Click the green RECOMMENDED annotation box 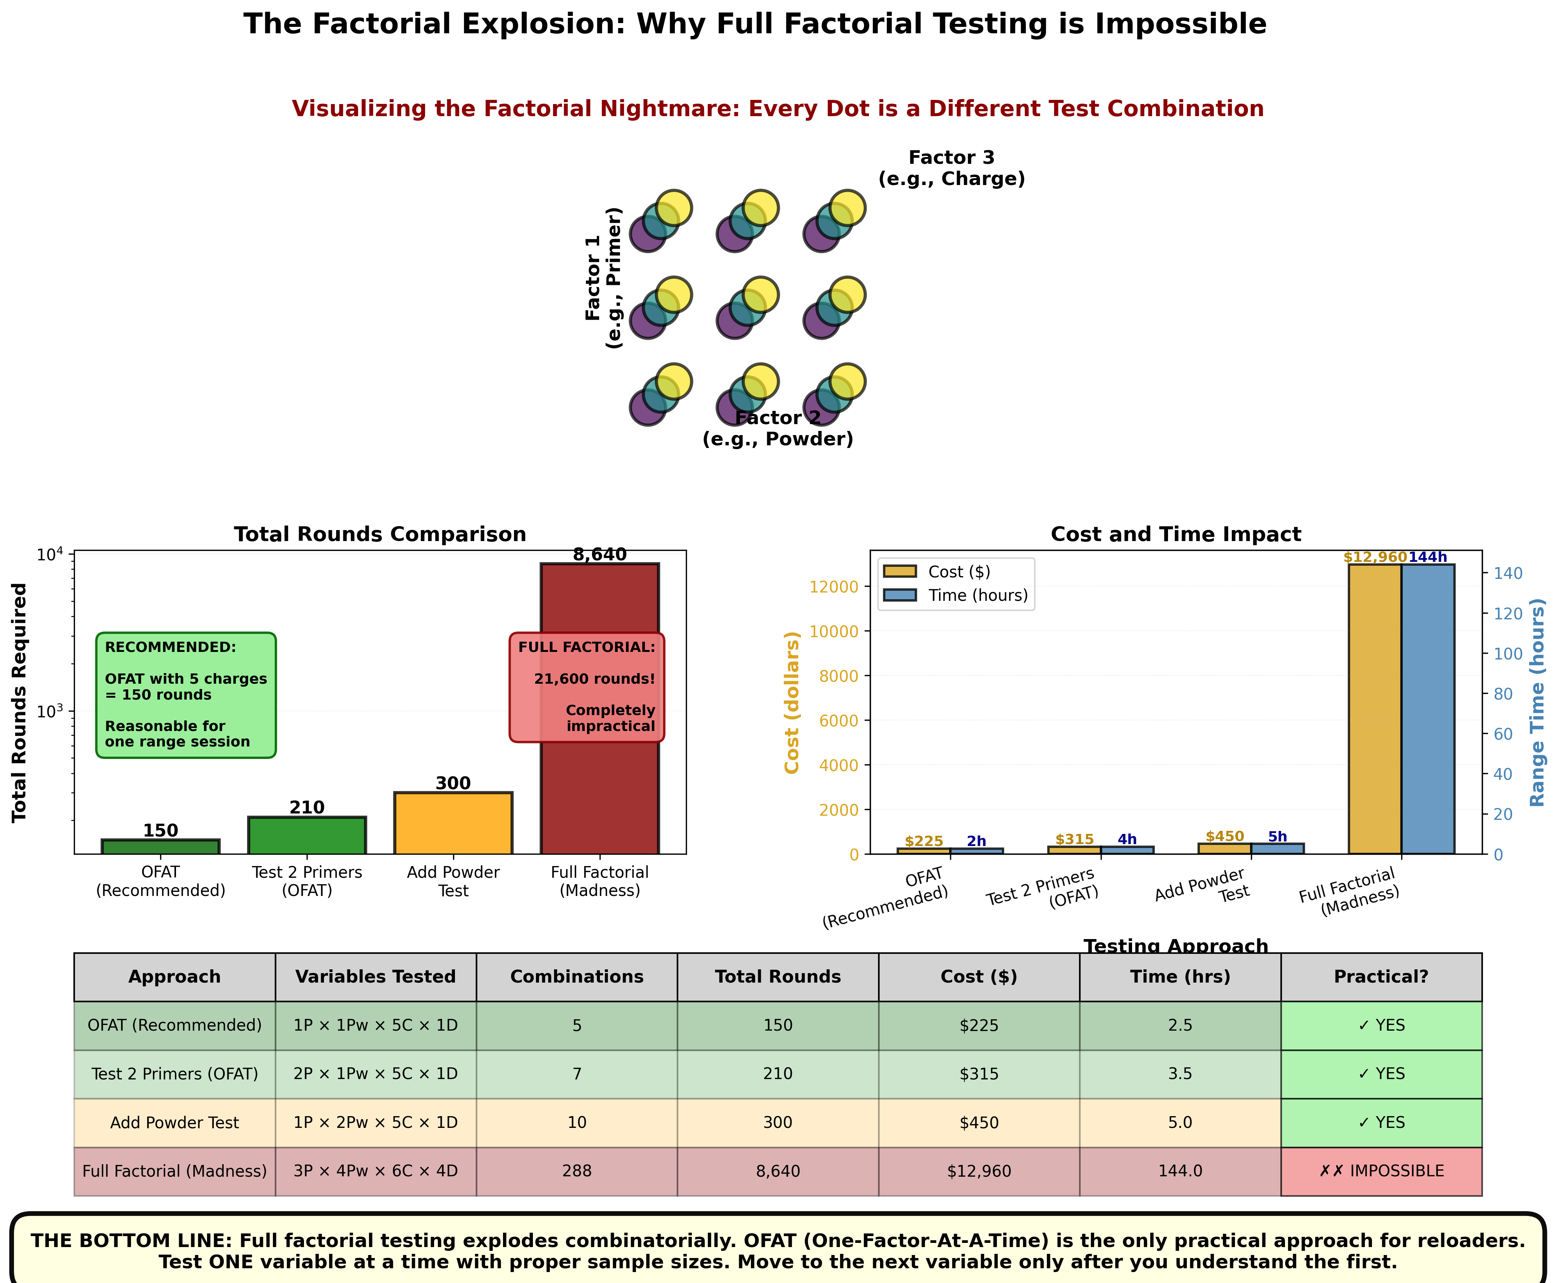coord(186,695)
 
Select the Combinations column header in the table coord(576,977)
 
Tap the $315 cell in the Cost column coord(979,1074)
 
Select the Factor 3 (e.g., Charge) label coord(952,168)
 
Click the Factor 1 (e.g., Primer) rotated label coord(604,278)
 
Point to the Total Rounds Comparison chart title coord(380,534)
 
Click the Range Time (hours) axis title coord(1537,702)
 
